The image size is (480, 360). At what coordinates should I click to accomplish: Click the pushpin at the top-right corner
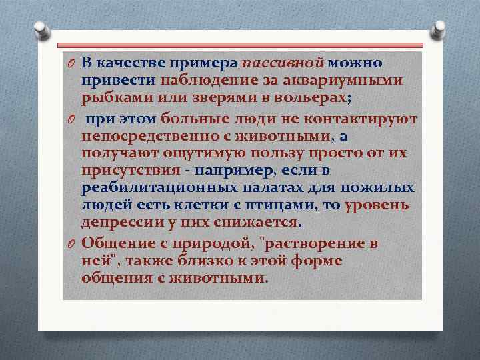[438, 29]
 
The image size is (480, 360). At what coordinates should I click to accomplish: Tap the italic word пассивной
[283, 63]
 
